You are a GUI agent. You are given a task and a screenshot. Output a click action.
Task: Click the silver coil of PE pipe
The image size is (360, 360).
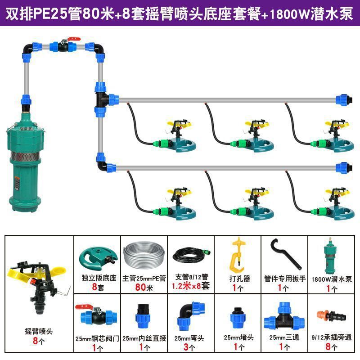(143, 256)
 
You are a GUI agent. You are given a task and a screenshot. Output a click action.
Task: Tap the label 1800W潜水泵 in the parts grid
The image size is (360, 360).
(332, 279)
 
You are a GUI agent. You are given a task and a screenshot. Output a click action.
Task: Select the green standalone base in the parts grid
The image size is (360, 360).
(96, 256)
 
